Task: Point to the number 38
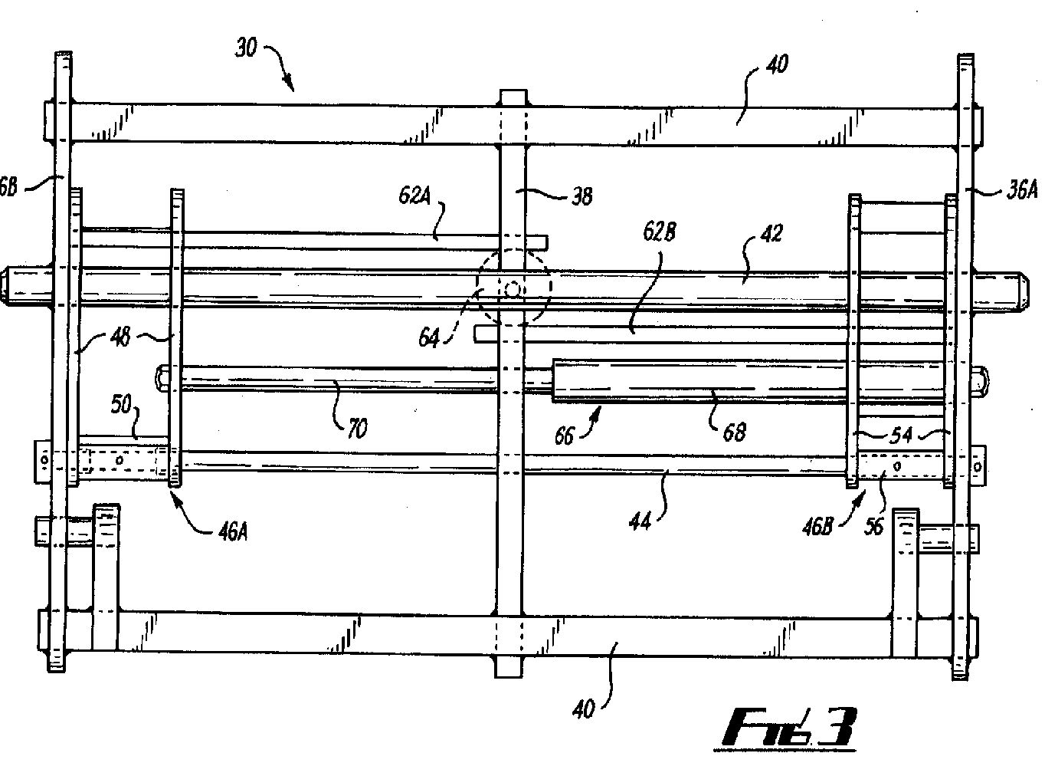pyautogui.click(x=582, y=196)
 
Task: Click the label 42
pyautogui.click(x=771, y=233)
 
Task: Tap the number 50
pyautogui.click(x=121, y=404)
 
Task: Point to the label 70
pyautogui.click(x=356, y=428)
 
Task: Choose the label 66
pyautogui.click(x=565, y=436)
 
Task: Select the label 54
pyautogui.click(x=902, y=435)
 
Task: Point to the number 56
pyautogui.click(x=874, y=527)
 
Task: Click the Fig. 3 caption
pyautogui.click(x=789, y=727)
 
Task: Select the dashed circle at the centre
pyautogui.click(x=513, y=288)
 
